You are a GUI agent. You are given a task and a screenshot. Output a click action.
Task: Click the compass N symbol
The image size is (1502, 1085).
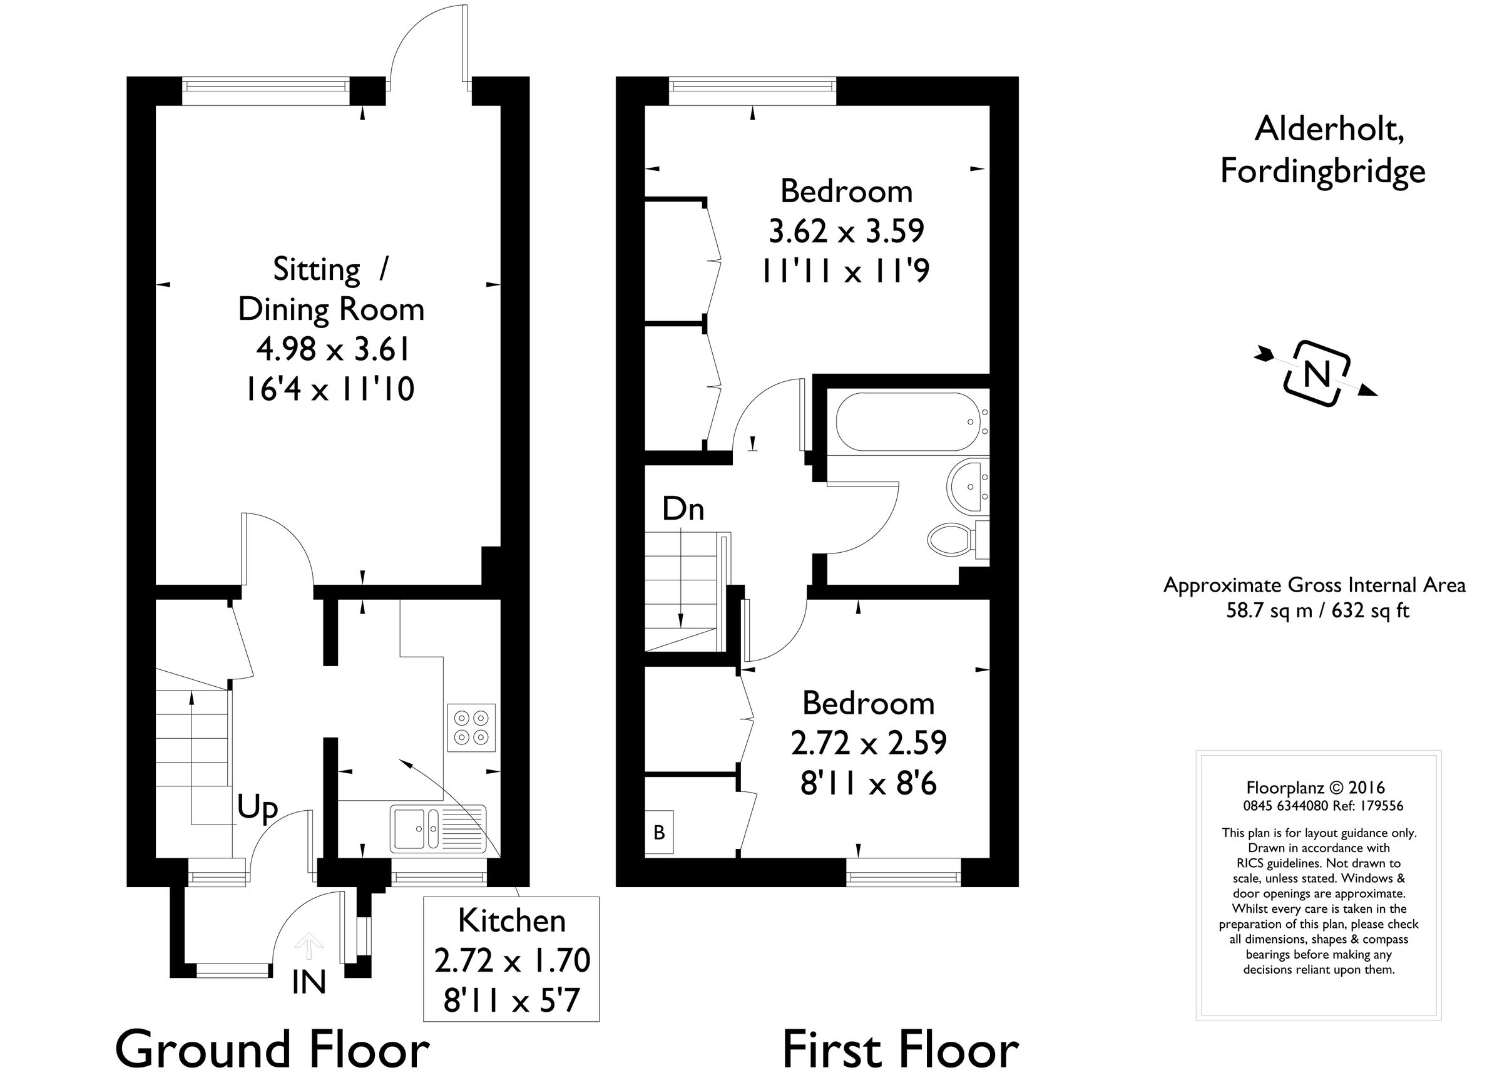(x=1317, y=374)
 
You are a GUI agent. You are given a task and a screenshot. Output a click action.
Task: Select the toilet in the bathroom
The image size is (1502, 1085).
(x=951, y=539)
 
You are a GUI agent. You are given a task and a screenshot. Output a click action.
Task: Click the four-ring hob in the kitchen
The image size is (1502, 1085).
(x=471, y=727)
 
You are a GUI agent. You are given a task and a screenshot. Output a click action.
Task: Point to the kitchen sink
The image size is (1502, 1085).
(x=414, y=828)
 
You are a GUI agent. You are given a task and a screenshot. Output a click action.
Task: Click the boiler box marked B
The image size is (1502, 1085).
(x=659, y=832)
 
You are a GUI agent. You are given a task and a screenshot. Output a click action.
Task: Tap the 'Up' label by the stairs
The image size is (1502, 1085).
(x=257, y=808)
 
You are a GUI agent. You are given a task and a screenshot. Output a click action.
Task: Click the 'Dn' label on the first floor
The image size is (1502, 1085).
(x=683, y=510)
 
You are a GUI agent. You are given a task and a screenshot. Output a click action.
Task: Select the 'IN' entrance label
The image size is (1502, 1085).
(x=309, y=983)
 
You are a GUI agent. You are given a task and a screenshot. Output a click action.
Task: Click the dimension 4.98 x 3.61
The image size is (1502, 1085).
(x=332, y=349)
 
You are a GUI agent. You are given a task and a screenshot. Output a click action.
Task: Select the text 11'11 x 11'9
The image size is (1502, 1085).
(x=846, y=271)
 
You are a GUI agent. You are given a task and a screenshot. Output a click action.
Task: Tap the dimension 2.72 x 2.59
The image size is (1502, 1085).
(x=868, y=743)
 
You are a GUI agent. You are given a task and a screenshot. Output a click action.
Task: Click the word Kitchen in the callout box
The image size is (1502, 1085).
(x=511, y=922)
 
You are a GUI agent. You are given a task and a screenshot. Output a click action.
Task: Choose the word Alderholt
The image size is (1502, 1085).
(x=1329, y=128)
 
